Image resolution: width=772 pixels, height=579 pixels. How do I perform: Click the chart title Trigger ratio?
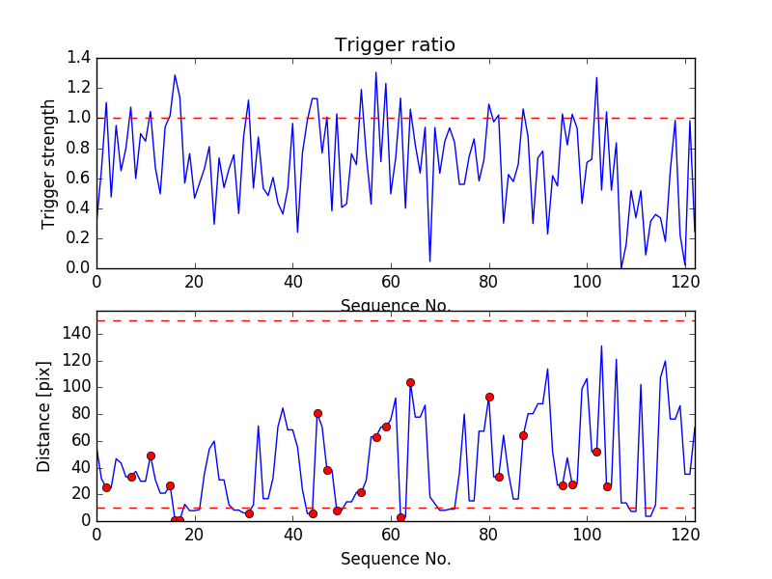click(395, 45)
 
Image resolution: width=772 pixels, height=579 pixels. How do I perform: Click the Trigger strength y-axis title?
click(49, 163)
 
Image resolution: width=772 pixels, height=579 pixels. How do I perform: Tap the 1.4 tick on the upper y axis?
click(78, 58)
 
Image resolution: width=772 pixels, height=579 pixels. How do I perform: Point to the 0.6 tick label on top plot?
click(78, 178)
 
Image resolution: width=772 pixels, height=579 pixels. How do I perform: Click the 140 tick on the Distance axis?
click(75, 334)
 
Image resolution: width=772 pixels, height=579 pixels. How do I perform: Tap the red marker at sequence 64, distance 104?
click(410, 383)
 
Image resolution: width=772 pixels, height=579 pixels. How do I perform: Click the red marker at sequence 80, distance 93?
click(489, 397)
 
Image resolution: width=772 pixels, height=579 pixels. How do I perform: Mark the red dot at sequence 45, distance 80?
click(317, 413)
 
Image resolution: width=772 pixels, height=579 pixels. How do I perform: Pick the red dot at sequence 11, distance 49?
click(151, 455)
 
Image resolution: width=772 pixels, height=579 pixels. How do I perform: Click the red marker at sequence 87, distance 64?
click(523, 435)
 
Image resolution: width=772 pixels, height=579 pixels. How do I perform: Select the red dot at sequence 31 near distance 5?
click(249, 513)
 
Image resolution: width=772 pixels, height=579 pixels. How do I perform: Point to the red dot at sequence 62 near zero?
click(400, 518)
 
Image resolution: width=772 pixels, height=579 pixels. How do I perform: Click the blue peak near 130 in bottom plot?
click(601, 346)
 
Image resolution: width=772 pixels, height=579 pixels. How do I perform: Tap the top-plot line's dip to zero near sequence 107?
click(621, 267)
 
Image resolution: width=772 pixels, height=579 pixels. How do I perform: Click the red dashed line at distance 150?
click(386, 320)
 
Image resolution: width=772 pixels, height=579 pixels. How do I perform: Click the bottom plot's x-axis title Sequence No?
click(395, 559)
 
